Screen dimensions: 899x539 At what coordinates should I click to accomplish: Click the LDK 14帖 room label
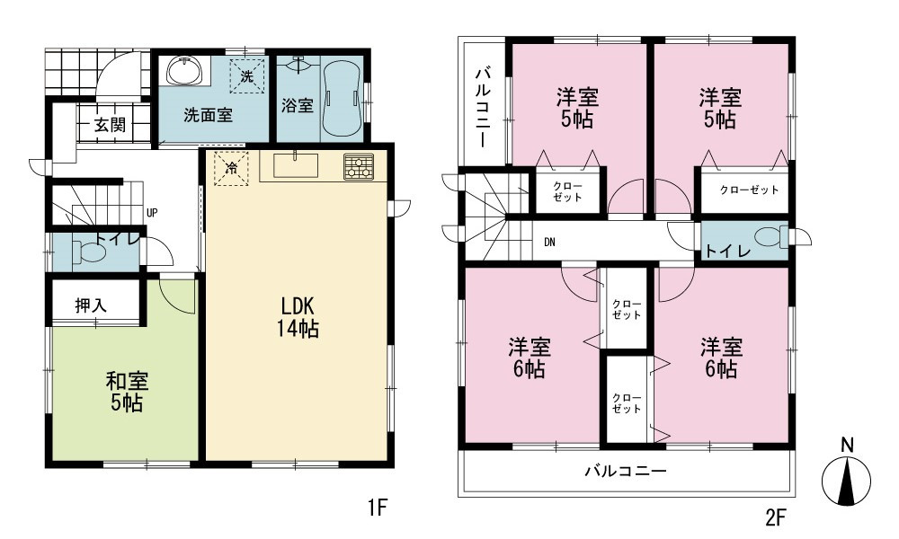click(x=298, y=317)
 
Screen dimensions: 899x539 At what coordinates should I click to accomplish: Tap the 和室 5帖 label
click(x=127, y=392)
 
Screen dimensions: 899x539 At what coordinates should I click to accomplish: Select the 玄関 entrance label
click(x=110, y=124)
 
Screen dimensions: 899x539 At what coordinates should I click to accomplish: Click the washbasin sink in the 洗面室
click(x=184, y=71)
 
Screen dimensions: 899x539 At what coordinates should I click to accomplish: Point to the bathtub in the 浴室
click(x=341, y=97)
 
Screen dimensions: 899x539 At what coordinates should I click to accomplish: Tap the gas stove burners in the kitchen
click(x=359, y=167)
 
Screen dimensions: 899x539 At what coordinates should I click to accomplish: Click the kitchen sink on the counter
click(x=295, y=165)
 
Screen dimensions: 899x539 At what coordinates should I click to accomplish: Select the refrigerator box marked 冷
click(x=232, y=168)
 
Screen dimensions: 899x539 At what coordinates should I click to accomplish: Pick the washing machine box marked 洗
click(x=247, y=76)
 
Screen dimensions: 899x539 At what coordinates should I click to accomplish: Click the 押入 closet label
click(x=91, y=305)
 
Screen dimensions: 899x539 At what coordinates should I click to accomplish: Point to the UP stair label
click(x=152, y=213)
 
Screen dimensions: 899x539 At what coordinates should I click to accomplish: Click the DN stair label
click(x=549, y=243)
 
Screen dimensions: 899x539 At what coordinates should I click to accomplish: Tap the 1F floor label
click(x=379, y=507)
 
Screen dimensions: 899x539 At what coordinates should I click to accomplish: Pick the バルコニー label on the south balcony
click(x=626, y=471)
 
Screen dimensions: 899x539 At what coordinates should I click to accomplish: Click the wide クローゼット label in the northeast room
click(x=749, y=190)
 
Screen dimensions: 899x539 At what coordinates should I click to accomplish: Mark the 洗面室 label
click(x=209, y=115)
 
